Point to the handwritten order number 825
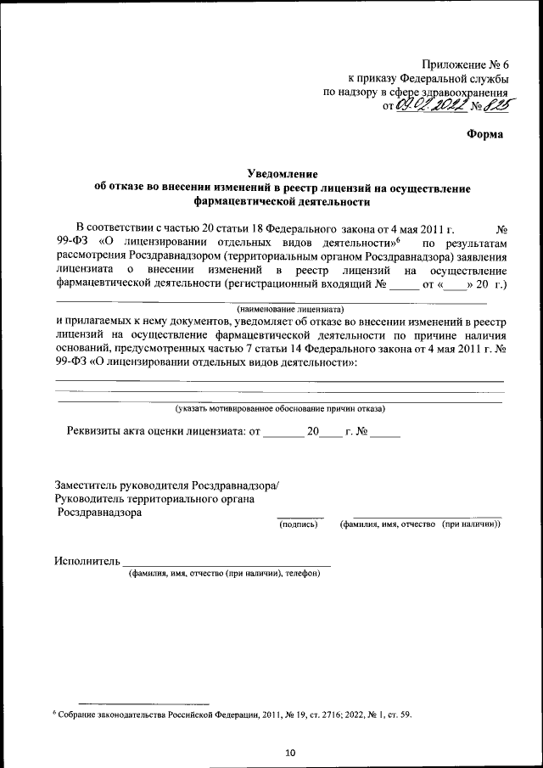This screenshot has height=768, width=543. (x=491, y=106)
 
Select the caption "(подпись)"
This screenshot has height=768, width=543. (x=299, y=524)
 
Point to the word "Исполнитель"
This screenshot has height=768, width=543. (x=87, y=561)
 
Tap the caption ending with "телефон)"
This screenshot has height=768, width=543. (x=224, y=574)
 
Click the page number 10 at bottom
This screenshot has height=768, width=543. (x=289, y=753)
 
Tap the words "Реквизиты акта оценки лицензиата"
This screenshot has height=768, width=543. (x=154, y=431)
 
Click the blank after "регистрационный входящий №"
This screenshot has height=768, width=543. (x=404, y=286)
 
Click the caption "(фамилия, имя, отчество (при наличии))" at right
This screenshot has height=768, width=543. (x=420, y=524)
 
